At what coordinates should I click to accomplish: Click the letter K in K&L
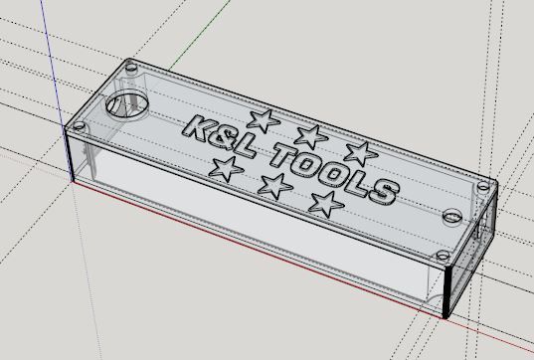pos(198,129)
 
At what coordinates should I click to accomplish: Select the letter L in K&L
pos(244,146)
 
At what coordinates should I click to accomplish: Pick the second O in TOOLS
pos(332,175)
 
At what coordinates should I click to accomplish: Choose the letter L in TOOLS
pos(355,183)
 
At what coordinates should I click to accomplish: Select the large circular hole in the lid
pos(127,102)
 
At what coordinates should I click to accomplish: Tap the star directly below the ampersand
pos(226,169)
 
